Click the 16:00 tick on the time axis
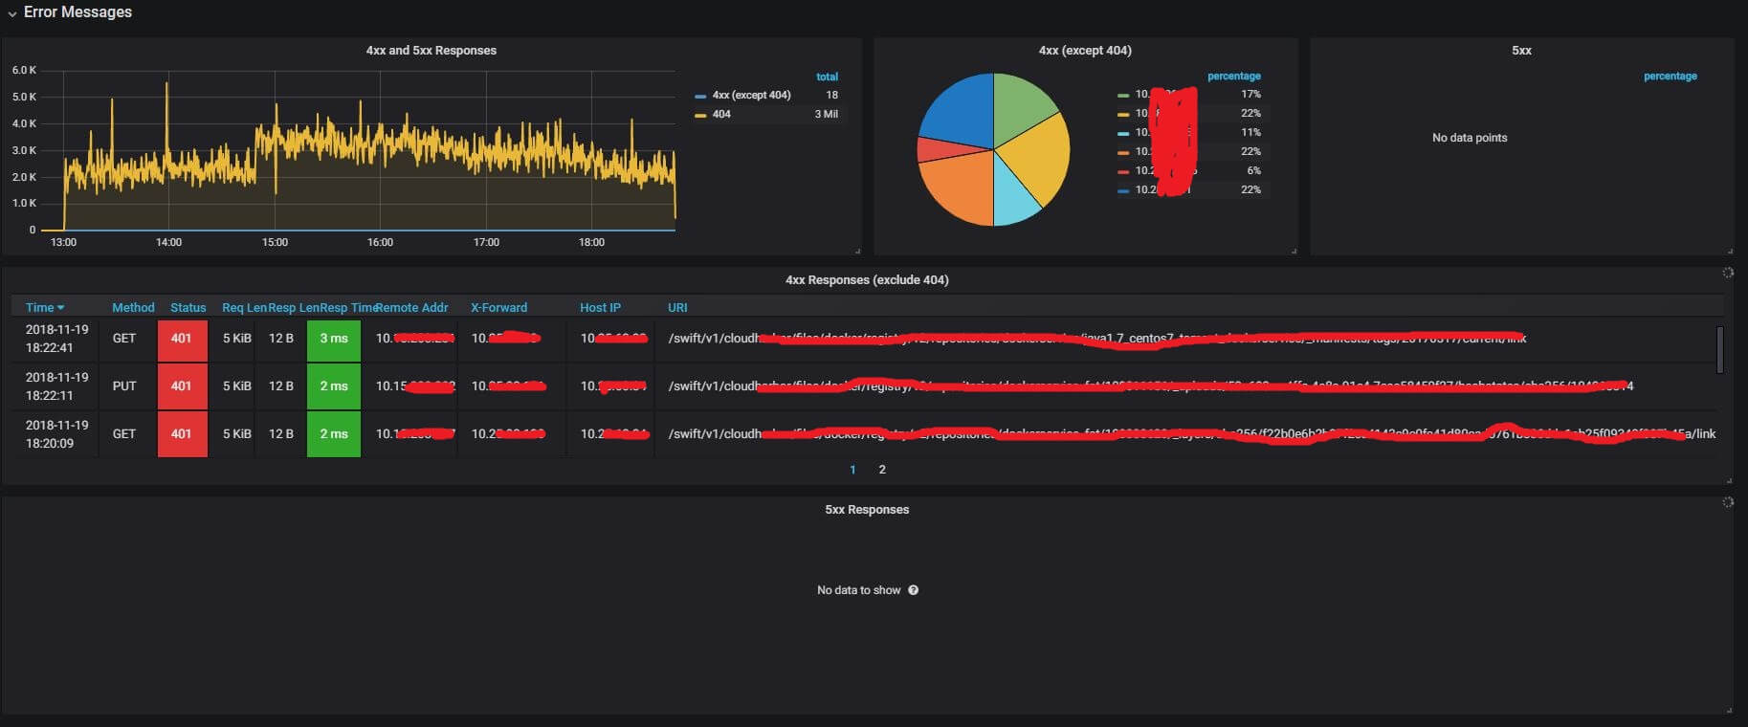(x=380, y=242)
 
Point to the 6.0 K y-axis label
(x=24, y=70)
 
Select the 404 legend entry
(x=721, y=114)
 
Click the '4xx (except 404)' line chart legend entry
(x=751, y=95)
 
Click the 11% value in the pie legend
(x=1250, y=132)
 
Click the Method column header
(x=133, y=307)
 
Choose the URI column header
(x=677, y=307)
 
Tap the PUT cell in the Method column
(x=124, y=386)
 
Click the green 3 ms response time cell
(x=334, y=339)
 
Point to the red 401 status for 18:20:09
(x=182, y=433)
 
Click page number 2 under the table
(x=882, y=470)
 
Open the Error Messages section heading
(x=77, y=12)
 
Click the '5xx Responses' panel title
(x=867, y=510)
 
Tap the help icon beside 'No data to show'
(x=914, y=590)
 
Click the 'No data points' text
(x=1470, y=138)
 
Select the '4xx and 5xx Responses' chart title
(x=431, y=51)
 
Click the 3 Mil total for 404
(x=826, y=114)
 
